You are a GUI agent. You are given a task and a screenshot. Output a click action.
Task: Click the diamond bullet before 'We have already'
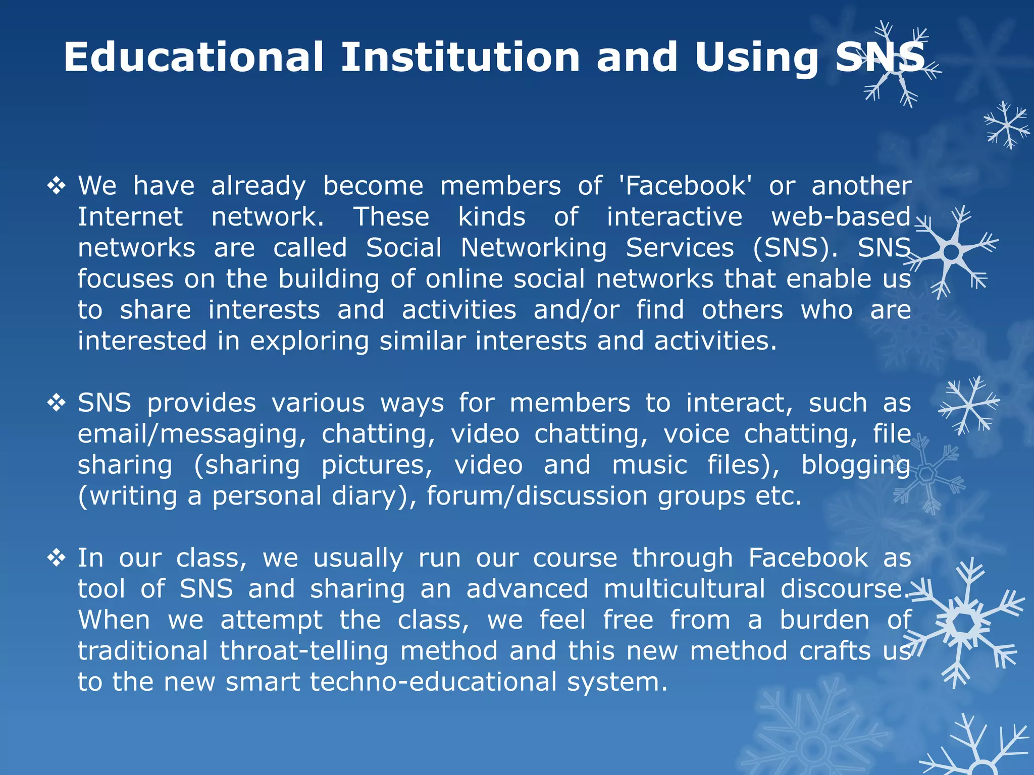(57, 186)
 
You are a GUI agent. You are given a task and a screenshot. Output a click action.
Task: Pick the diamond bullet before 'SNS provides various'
(57, 403)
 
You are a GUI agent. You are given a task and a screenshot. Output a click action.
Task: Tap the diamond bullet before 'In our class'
(57, 558)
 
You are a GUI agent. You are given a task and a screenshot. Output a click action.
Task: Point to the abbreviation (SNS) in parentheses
(795, 248)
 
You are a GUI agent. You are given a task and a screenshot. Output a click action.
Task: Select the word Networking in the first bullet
(534, 248)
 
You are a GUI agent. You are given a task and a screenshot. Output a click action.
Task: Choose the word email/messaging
(192, 434)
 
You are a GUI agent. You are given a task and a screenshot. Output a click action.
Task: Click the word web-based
(841, 217)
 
